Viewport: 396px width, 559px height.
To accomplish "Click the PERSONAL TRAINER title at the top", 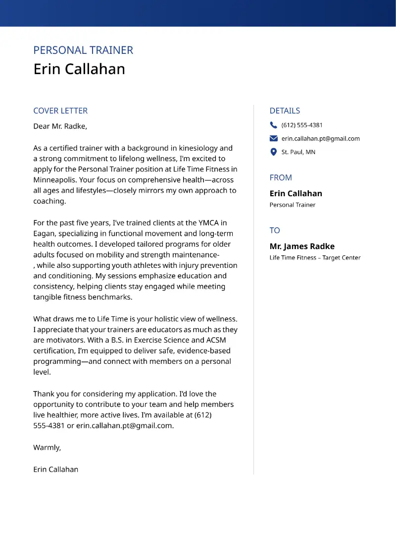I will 83,50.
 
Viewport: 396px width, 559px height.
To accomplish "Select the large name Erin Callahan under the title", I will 79,69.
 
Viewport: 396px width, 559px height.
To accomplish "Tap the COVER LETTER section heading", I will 60,111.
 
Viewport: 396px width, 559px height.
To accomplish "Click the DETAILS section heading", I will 285,111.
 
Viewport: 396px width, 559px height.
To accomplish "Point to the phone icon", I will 274,125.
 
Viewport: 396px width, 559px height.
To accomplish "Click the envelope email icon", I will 274,138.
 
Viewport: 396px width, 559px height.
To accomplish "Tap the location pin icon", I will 274,152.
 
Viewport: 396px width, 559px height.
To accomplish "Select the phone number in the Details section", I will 302,125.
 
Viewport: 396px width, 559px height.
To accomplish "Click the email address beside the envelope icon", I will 321,138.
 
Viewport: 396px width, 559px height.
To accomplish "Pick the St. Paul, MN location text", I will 298,152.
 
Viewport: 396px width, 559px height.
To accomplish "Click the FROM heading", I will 281,177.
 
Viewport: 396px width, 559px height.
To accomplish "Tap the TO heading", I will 275,230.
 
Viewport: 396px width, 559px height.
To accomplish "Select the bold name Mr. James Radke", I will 302,246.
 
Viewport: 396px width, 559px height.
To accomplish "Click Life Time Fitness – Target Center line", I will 315,258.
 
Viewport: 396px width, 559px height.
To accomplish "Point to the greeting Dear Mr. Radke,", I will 60,126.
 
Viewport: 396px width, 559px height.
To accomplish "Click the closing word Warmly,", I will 47,447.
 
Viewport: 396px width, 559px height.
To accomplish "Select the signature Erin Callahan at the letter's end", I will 55,469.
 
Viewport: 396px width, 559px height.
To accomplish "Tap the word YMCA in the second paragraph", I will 207,223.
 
